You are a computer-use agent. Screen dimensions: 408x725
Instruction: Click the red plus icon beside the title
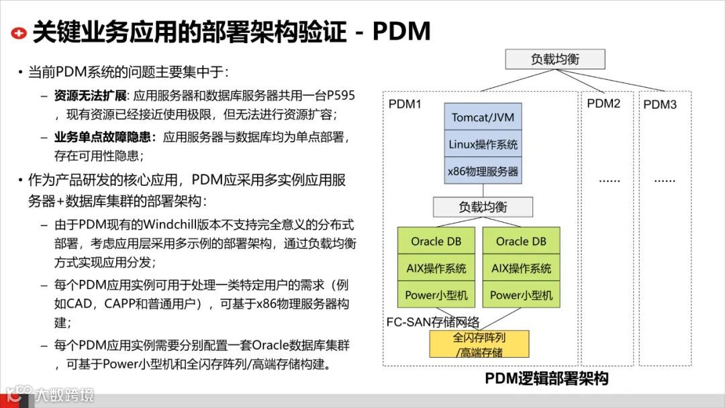(19, 32)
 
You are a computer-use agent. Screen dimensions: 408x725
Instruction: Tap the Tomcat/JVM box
(483, 117)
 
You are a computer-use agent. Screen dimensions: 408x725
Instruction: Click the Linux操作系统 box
(483, 144)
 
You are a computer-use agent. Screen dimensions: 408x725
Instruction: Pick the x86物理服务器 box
(483, 171)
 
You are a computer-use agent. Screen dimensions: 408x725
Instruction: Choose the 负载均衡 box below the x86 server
(483, 207)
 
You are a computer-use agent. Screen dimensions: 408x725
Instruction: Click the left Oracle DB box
(436, 242)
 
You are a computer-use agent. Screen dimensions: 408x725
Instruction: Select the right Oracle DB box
(521, 242)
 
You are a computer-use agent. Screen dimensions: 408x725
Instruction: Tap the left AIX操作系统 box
(436, 268)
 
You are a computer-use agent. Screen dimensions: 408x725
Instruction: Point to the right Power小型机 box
(521, 295)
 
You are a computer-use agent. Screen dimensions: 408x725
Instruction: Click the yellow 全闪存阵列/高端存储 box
(479, 344)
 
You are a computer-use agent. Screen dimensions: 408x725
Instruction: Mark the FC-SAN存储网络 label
(432, 321)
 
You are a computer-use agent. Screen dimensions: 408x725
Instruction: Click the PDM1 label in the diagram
(405, 105)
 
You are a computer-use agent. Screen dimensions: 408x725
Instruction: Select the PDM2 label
(603, 103)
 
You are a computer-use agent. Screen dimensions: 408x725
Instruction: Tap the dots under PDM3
(665, 180)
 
